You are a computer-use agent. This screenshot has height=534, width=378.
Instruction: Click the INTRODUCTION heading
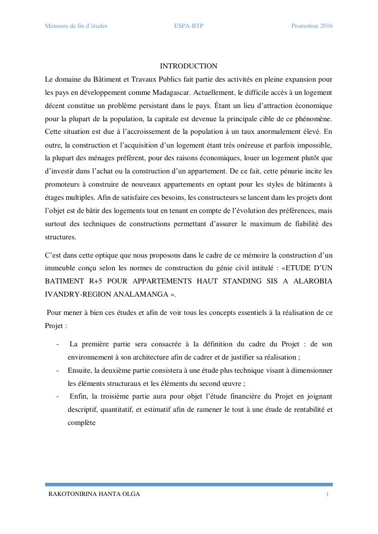click(x=188, y=66)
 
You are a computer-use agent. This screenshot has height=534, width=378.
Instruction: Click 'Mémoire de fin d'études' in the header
click(x=76, y=26)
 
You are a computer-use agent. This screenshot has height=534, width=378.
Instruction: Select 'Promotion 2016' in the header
click(x=312, y=26)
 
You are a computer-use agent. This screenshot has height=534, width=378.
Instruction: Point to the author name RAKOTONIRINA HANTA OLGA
click(x=94, y=494)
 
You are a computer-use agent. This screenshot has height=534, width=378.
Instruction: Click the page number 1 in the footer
click(x=328, y=494)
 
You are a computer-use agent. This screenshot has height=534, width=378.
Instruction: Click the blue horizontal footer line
click(x=188, y=485)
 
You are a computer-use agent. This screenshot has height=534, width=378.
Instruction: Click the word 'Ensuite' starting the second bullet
click(x=80, y=370)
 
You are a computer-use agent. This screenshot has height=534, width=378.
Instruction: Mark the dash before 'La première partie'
click(x=57, y=344)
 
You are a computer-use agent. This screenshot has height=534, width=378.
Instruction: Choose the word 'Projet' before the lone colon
click(x=53, y=326)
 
